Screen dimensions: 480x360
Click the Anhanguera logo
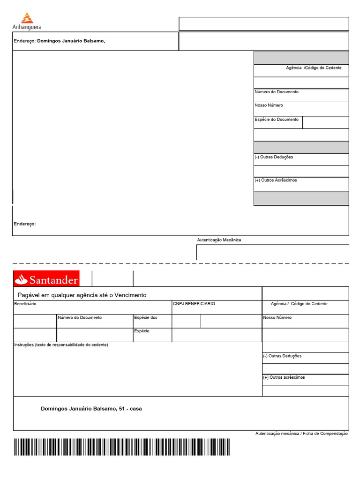point(27,22)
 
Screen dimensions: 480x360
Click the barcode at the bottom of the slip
point(121,447)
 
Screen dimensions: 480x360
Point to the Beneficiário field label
point(25,304)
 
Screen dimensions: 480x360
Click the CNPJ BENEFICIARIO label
point(194,304)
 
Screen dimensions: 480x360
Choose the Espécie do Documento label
point(276,120)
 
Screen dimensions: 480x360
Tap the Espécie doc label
point(146,318)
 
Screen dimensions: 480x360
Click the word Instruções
point(24,345)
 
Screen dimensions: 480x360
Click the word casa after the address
point(136,409)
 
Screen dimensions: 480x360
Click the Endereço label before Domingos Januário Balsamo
point(24,41)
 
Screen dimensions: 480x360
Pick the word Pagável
point(29,295)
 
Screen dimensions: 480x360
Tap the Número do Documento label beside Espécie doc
point(80,318)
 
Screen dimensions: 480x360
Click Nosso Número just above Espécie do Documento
point(269,105)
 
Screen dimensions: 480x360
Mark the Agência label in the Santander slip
point(278,304)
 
